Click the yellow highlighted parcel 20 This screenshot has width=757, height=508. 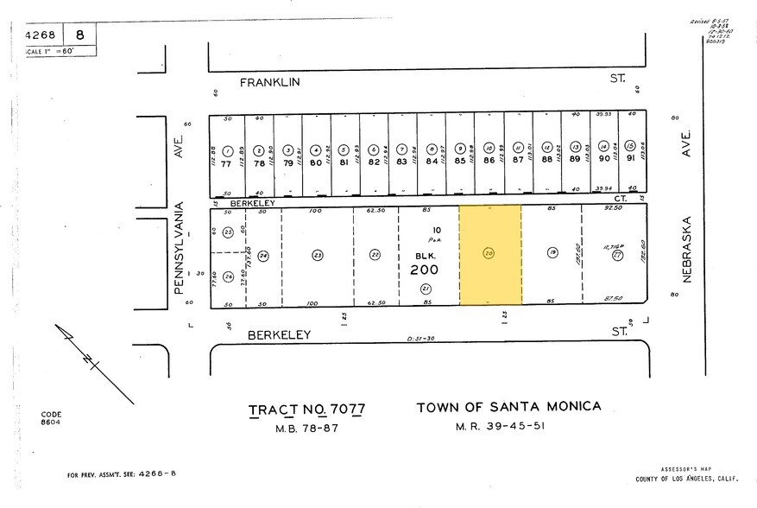pyautogui.click(x=489, y=255)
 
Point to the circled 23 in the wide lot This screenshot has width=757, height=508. pyautogui.click(x=317, y=255)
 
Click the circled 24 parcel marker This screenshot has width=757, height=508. pyautogui.click(x=263, y=255)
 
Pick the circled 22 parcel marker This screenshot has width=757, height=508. pyautogui.click(x=375, y=254)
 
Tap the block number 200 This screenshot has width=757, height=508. pyautogui.click(x=425, y=270)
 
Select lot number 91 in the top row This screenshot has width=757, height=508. pyautogui.click(x=632, y=159)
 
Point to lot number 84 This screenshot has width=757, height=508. pyautogui.click(x=431, y=160)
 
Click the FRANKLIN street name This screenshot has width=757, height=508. pyautogui.click(x=268, y=82)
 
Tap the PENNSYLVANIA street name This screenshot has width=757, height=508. pyautogui.click(x=180, y=249)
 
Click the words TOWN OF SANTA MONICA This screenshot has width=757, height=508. pyautogui.click(x=508, y=407)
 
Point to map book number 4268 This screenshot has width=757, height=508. pyautogui.click(x=40, y=35)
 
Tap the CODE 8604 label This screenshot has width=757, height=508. pyautogui.click(x=51, y=418)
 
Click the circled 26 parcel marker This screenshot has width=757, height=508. pyautogui.click(x=228, y=276)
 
